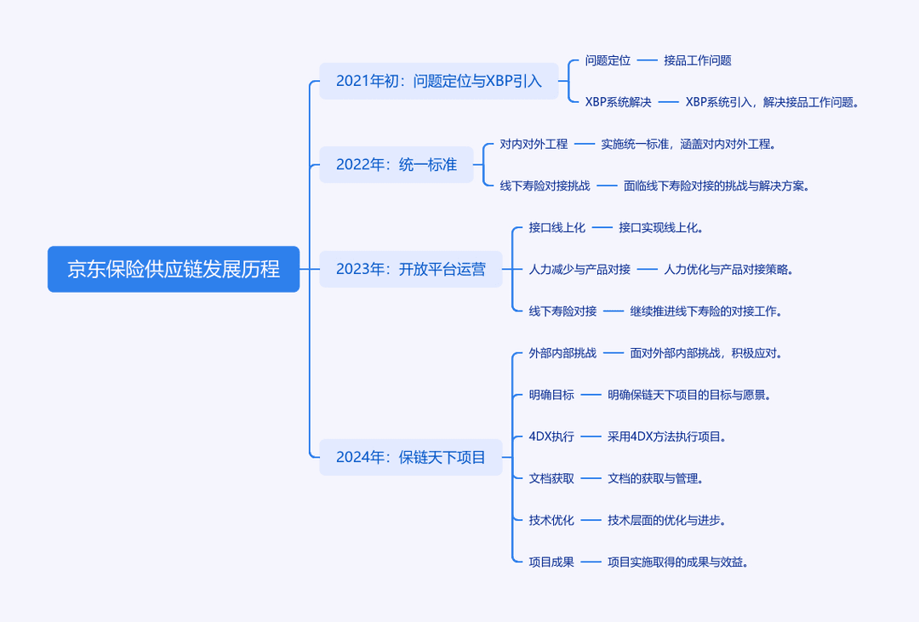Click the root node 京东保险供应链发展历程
tap(174, 269)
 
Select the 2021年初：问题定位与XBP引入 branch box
tap(439, 81)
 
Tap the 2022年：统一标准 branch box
tap(397, 165)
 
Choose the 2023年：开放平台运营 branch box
tap(411, 269)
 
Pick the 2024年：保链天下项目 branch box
tap(411, 457)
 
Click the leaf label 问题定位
tap(608, 60)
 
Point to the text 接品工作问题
tap(698, 60)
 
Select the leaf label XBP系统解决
tap(619, 102)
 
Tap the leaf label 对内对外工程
tap(534, 144)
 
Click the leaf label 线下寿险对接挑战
tap(545, 185)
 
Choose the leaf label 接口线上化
tap(557, 227)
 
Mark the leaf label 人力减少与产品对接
tap(579, 270)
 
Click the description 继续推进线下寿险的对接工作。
tap(706, 311)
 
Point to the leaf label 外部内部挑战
tap(562, 353)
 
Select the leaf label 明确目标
tap(551, 395)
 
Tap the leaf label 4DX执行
tap(551, 437)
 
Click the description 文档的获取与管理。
tap(655, 478)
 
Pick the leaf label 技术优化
tap(551, 520)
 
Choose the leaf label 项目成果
tap(551, 562)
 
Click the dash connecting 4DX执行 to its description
tap(591, 437)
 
